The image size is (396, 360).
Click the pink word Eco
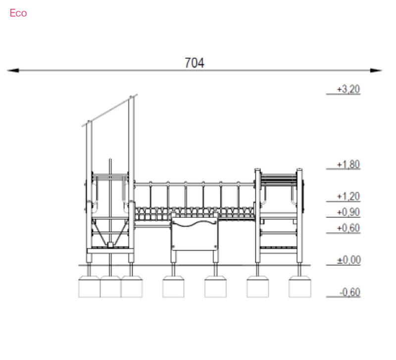click(18, 13)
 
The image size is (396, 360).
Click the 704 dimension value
click(194, 63)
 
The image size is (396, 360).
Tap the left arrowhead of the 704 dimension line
click(13, 70)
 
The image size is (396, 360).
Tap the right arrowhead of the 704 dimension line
click(376, 70)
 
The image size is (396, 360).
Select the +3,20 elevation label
click(348, 89)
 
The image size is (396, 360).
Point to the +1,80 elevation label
click(348, 164)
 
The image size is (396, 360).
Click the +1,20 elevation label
click(348, 196)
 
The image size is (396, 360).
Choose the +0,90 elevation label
click(348, 212)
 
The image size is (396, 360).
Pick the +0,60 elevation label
click(348, 228)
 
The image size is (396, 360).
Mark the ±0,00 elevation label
click(349, 260)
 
